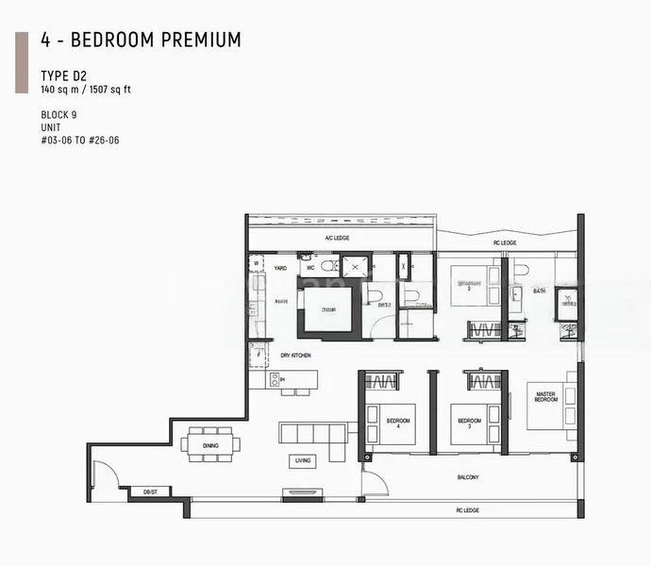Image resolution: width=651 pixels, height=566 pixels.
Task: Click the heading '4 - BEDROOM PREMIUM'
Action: tap(141, 40)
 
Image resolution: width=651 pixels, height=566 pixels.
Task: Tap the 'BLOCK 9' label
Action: tap(60, 114)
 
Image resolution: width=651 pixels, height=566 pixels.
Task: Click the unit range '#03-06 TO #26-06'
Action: tap(79, 141)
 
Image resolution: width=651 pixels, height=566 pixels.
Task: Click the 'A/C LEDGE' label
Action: tap(337, 239)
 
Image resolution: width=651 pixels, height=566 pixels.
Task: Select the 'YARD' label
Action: tap(280, 268)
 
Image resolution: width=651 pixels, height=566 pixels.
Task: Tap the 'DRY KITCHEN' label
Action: tap(295, 355)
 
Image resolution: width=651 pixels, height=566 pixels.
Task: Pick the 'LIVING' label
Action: tap(303, 460)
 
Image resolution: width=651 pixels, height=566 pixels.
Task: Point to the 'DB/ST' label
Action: tap(150, 492)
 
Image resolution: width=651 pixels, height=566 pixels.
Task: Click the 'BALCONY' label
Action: tap(468, 477)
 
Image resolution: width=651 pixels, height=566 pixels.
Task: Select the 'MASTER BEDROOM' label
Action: tap(546, 396)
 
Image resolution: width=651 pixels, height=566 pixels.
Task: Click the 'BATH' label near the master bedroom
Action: tap(539, 291)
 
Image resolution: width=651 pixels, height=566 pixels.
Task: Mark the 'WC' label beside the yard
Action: tap(308, 268)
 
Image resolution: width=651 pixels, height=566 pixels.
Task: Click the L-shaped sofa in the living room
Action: tap(312, 437)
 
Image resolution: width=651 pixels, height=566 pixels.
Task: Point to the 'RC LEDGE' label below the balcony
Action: tap(468, 510)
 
